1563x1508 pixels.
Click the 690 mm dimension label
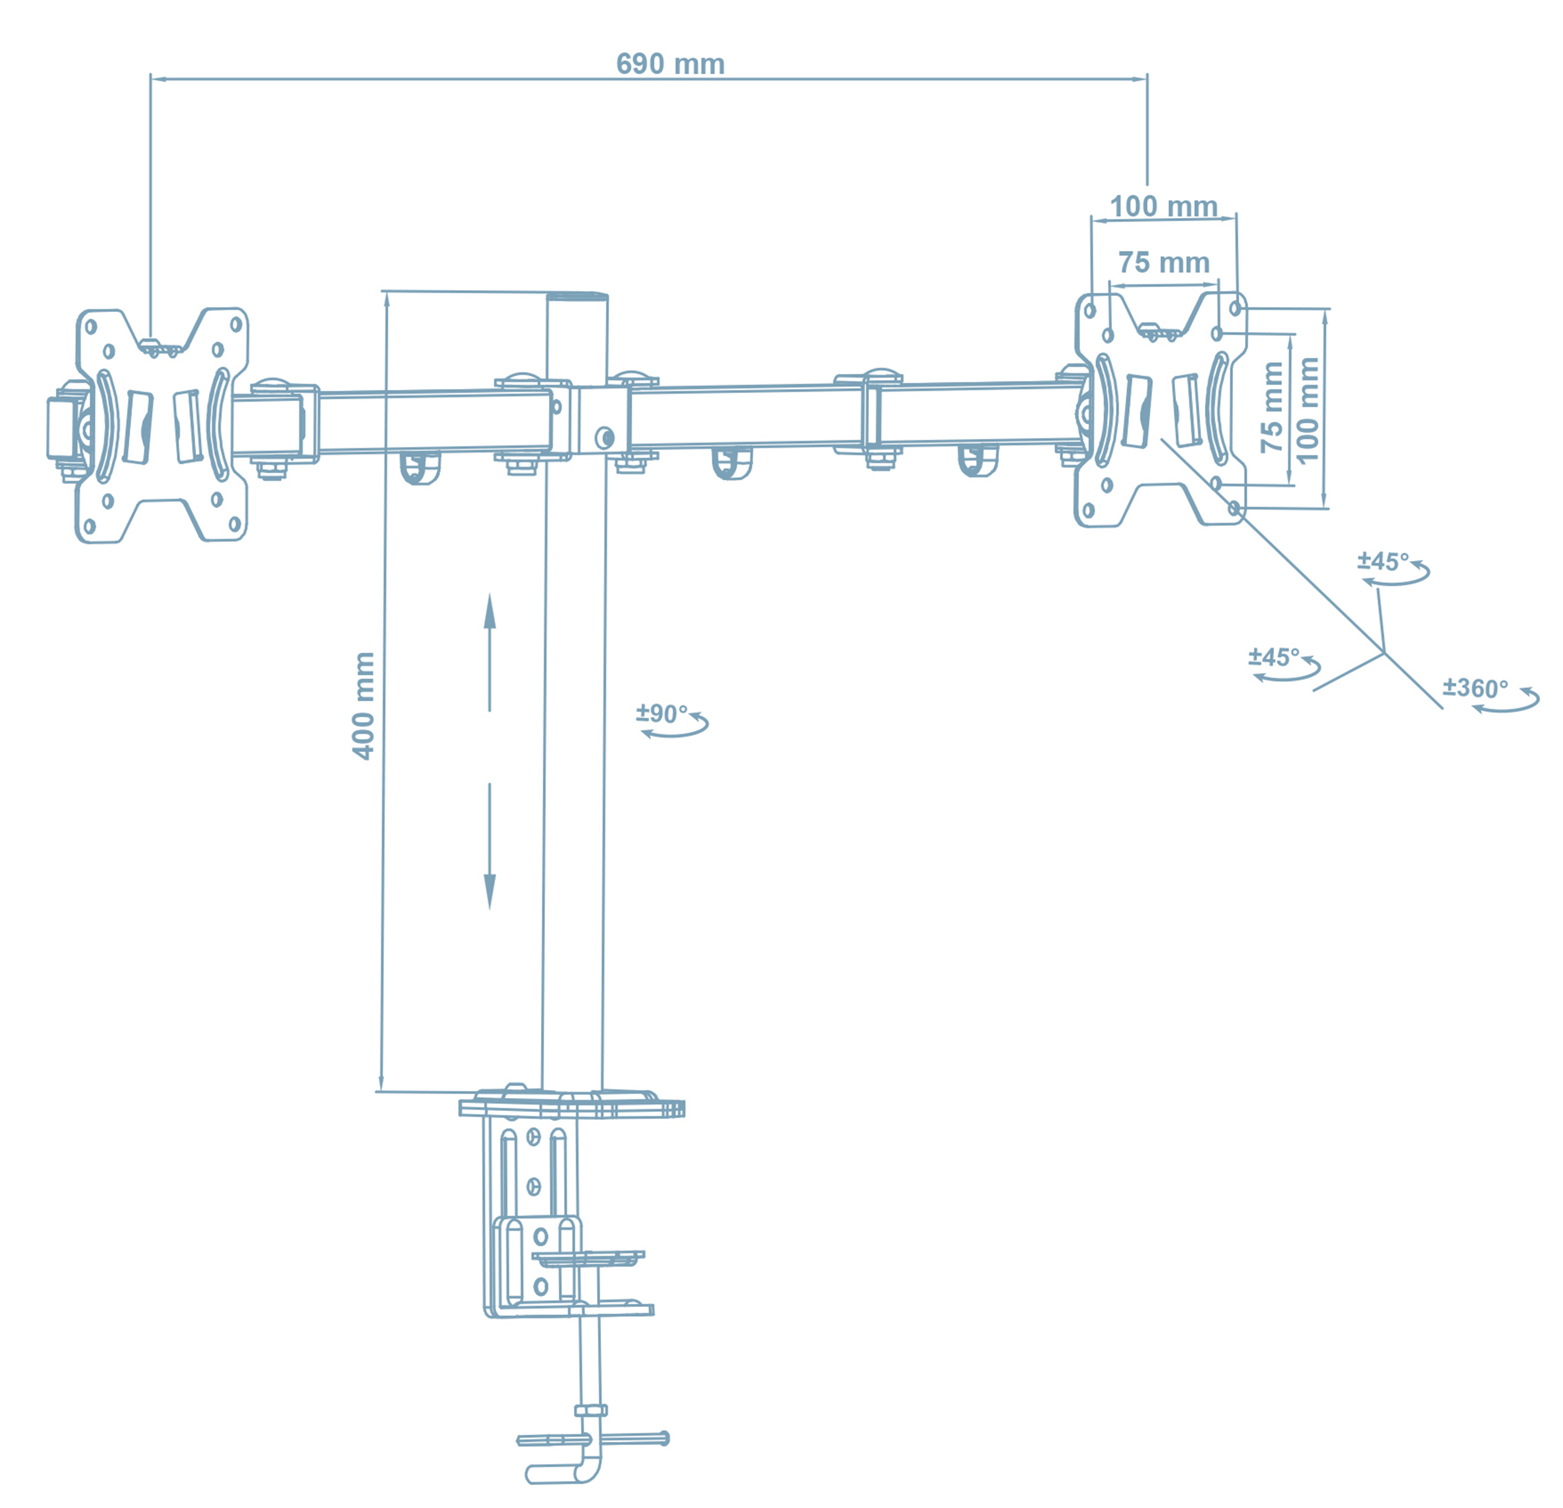coord(670,64)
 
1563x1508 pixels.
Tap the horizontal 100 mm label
coord(1163,207)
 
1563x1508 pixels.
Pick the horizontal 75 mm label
coord(1163,263)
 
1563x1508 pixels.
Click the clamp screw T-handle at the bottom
coord(592,1440)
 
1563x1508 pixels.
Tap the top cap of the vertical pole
coord(577,297)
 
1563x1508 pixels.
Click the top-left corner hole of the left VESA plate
coord(91,326)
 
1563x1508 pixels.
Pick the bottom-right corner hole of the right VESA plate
coord(1233,508)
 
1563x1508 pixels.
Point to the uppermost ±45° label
coord(1383,562)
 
